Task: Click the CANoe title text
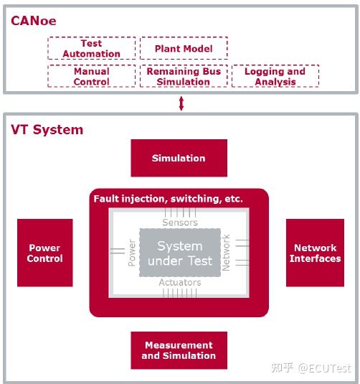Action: (33, 21)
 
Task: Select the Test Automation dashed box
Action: (91, 48)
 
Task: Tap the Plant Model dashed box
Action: (184, 48)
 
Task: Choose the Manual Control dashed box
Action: (91, 76)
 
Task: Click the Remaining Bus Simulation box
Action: (184, 76)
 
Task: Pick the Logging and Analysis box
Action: (275, 76)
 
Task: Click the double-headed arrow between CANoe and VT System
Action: (181, 103)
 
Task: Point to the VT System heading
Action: (47, 130)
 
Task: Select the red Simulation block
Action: (179, 158)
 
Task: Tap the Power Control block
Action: (44, 253)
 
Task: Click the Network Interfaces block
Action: (315, 253)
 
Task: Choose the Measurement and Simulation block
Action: (179, 350)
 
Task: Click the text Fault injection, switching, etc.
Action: (169, 198)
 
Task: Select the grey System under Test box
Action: (179, 253)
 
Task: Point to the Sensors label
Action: (179, 223)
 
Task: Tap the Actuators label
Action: (179, 284)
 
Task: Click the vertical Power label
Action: (132, 253)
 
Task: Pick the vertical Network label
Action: (227, 253)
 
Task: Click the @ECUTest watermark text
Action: (324, 367)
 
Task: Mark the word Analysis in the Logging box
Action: (275, 82)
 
